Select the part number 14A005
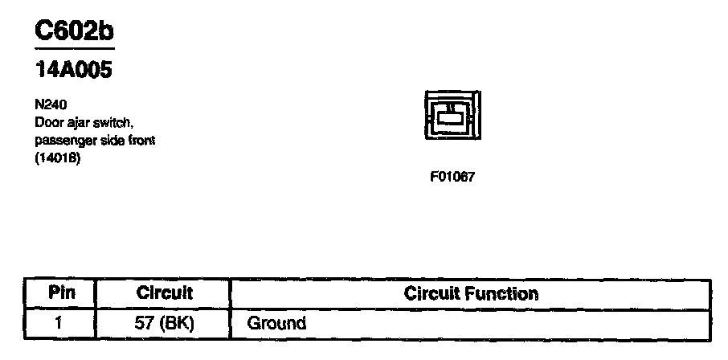(x=73, y=71)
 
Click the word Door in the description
(x=46, y=122)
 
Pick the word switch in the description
(x=104, y=122)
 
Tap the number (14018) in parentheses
(x=58, y=157)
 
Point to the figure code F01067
(x=452, y=177)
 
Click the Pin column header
(x=62, y=293)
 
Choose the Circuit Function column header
(x=471, y=293)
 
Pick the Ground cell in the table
(x=277, y=324)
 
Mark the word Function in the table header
(x=503, y=293)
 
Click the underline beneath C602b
(x=74, y=49)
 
